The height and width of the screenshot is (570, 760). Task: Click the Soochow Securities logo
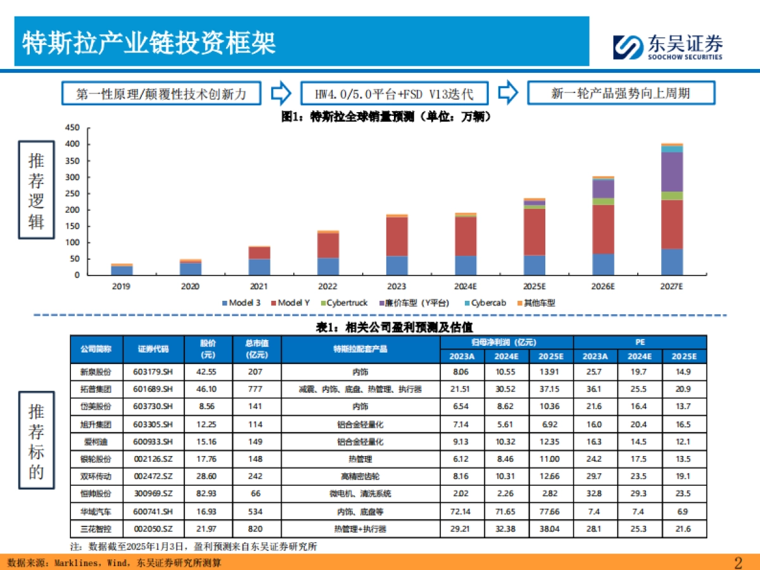click(668, 47)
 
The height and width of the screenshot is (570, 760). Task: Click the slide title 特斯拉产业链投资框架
click(149, 43)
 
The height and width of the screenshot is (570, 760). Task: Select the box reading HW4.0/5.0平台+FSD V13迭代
click(394, 94)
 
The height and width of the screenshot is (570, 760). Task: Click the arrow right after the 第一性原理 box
click(281, 94)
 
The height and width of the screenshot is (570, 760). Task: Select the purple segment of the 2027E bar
click(672, 172)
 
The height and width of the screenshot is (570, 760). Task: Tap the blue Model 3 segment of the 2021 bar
click(260, 267)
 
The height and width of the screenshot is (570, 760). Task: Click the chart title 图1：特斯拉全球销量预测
click(386, 117)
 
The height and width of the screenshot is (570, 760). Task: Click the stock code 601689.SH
click(153, 389)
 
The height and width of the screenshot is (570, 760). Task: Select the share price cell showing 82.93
click(208, 493)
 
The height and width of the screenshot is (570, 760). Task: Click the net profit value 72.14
click(462, 510)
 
